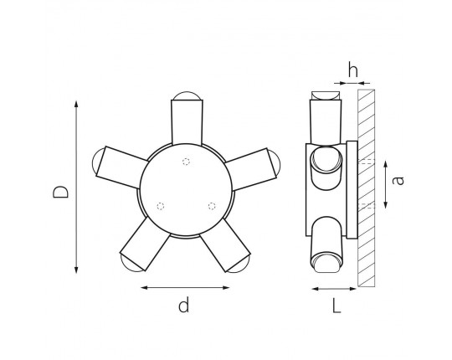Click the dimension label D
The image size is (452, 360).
[x=61, y=192]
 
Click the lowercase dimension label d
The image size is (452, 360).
[x=184, y=305]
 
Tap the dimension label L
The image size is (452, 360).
[x=336, y=306]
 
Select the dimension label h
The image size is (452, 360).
[x=353, y=69]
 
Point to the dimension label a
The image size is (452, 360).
[x=398, y=180]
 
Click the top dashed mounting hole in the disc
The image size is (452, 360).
[x=186, y=162]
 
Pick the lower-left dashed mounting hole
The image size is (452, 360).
[x=161, y=206]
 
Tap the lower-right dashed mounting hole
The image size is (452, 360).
[x=212, y=206]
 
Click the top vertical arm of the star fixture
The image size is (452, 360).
[x=187, y=122]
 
